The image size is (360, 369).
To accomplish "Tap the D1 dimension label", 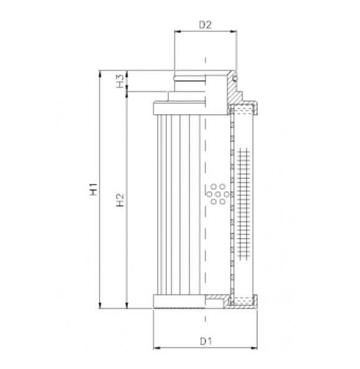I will click(x=206, y=341).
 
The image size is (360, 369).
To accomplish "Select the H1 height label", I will click(x=93, y=189).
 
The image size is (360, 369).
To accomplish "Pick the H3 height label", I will click(x=120, y=81).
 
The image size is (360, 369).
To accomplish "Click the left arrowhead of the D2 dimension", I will click(x=177, y=33).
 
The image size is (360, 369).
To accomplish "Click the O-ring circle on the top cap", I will click(x=236, y=78).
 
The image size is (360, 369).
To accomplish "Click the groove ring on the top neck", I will click(x=190, y=78).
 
